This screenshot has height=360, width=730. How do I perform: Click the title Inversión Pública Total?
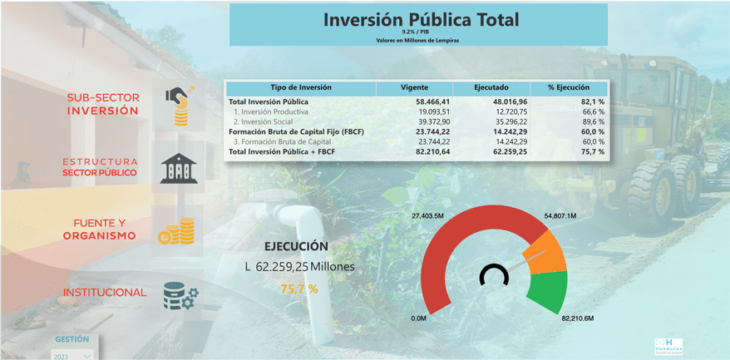tap(420, 19)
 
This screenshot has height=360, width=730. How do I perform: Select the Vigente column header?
tap(414, 87)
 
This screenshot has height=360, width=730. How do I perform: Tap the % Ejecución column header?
tap(568, 87)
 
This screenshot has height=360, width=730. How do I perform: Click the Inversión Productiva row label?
tap(271, 111)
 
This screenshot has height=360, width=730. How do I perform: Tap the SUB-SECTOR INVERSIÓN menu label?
tap(103, 104)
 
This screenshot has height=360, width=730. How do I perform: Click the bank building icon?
tap(179, 168)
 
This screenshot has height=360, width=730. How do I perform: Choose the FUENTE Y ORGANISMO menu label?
tap(100, 229)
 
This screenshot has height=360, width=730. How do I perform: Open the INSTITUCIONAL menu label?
tap(104, 293)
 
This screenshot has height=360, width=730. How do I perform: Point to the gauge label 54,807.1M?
tap(560, 216)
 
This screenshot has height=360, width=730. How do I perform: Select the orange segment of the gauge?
tap(545, 252)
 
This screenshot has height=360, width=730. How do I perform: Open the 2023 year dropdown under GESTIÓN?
tap(72, 355)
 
